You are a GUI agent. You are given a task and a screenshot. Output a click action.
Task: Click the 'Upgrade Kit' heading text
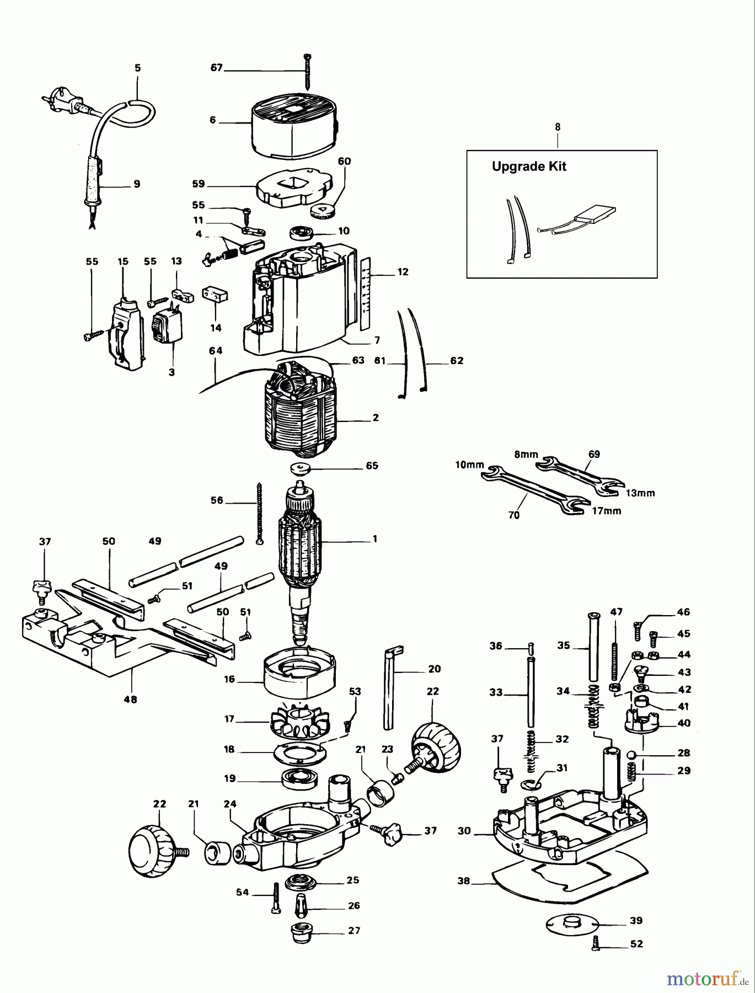coord(529,167)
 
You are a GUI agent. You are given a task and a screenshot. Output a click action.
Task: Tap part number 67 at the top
coord(216,67)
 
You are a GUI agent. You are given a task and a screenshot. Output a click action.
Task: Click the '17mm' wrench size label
coord(607,511)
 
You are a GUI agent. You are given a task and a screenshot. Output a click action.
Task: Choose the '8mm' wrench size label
coord(525,455)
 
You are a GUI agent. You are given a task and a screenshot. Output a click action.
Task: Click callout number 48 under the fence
coord(131,700)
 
